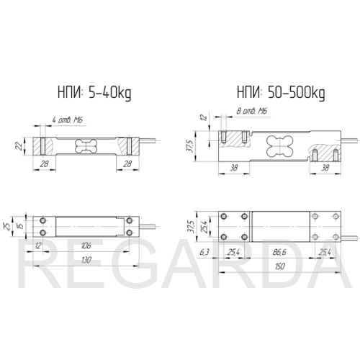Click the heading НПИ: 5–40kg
pos(94,93)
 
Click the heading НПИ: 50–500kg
pos(281,93)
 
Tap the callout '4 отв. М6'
pos(68,120)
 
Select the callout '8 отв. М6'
pos(252,111)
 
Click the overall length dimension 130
pos(86,260)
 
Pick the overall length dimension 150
pos(279,266)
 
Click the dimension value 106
pos(86,246)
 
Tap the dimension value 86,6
pos(279,252)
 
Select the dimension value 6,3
pos(204,252)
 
